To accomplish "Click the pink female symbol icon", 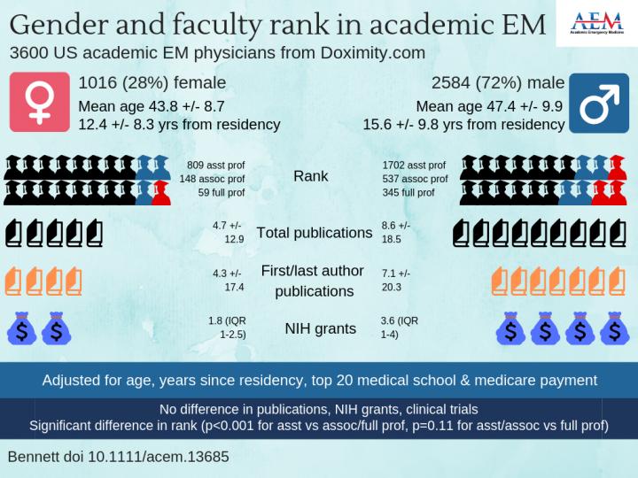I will (38, 102).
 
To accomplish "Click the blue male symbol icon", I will (599, 102).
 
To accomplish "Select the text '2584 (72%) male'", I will (498, 83).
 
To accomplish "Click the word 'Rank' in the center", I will (310, 176).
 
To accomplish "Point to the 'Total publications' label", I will (314, 233).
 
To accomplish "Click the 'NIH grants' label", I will (320, 328).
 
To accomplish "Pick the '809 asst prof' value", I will (215, 166).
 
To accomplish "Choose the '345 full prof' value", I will (408, 192).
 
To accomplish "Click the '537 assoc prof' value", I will (415, 179).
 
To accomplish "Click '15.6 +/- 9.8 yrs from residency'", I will (463, 125).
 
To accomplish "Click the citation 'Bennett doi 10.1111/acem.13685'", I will (118, 458).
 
